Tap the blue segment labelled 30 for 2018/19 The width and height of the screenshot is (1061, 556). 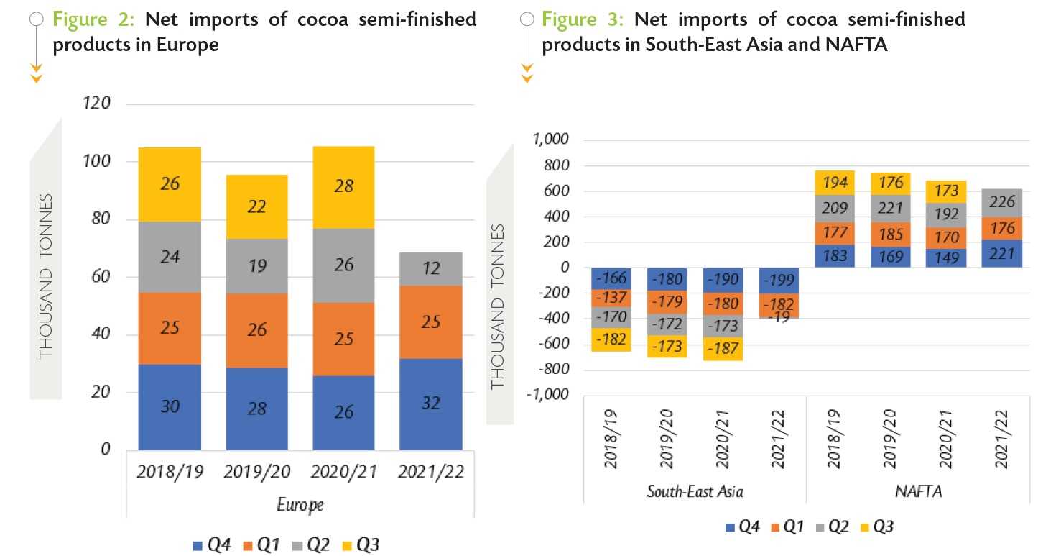point(170,407)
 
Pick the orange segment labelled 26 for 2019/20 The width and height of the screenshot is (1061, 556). point(256,330)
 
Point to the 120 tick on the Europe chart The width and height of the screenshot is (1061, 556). point(96,104)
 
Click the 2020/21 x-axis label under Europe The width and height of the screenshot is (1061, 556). point(344,473)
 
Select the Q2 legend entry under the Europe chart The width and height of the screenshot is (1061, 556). point(312,545)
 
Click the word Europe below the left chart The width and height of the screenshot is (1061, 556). point(300,505)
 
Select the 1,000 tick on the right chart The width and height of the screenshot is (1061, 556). point(550,140)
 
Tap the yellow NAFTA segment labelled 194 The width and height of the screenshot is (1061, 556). point(835,183)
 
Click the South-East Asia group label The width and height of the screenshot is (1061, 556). point(695,492)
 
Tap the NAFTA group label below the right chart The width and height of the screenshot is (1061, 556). point(914,492)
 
